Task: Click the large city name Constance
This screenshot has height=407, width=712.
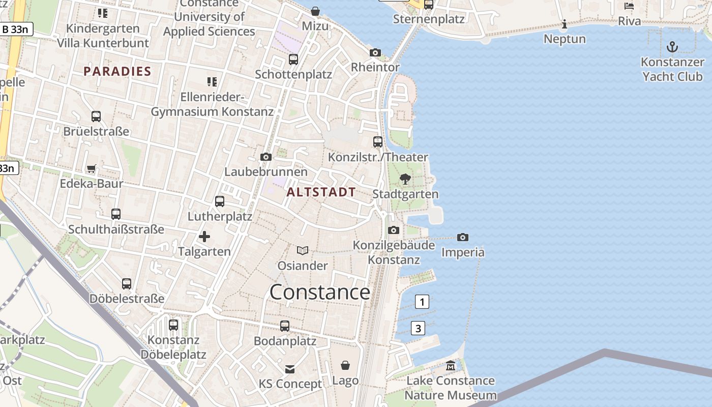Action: pos(320,292)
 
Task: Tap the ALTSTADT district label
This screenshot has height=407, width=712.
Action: pos(321,192)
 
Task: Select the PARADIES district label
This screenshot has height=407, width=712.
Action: pos(117,71)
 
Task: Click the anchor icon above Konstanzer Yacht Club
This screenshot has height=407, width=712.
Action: pos(672,47)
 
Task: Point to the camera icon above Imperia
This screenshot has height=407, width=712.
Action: pos(462,237)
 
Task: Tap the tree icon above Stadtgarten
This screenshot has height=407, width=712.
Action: pos(405,179)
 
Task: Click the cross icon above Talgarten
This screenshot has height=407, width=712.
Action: pos(204,236)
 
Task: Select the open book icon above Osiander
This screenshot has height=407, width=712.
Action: pos(303,250)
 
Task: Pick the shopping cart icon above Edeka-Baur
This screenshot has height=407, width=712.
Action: pos(92,168)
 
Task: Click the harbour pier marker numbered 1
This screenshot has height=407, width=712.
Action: pos(422,302)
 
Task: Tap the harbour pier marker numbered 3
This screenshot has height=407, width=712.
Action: pos(418,328)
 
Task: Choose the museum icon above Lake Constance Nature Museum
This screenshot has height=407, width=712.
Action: pos(451,365)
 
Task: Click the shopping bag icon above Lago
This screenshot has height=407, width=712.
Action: pos(345,365)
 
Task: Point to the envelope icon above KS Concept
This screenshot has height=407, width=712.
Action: pos(290,369)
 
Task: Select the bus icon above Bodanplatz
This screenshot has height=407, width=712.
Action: pos(285,326)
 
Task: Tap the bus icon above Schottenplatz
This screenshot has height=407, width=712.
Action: pos(293,59)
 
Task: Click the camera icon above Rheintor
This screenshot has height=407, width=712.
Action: pos(375,52)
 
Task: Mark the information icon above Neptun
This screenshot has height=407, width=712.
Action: pos(564,24)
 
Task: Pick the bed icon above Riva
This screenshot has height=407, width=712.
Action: pos(629,6)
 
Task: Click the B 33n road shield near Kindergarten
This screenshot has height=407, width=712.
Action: pos(16,29)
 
